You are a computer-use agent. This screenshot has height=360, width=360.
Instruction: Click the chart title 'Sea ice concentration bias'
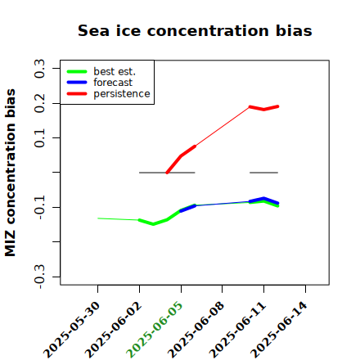point(195,30)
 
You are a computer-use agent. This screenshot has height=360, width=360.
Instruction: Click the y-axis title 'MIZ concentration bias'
point(11,173)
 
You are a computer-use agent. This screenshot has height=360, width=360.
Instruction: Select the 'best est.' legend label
point(115,71)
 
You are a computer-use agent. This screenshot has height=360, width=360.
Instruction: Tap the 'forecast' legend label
point(113,83)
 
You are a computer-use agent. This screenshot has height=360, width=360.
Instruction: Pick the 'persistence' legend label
point(122,94)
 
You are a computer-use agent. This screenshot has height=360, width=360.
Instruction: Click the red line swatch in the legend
point(77,94)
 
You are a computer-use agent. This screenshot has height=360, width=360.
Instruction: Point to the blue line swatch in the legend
point(77,83)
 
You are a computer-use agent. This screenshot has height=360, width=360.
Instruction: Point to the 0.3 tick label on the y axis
point(39,68)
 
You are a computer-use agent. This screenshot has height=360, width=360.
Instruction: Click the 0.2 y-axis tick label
point(39,103)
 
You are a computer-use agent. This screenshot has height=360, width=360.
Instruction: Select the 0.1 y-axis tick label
point(39,138)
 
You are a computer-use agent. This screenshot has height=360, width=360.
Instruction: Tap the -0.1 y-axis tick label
point(39,207)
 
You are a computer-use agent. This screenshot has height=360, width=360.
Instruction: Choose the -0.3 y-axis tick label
point(39,277)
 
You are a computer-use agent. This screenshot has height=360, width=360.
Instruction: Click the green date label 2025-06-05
point(155,330)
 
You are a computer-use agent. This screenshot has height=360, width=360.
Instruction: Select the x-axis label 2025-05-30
point(71,330)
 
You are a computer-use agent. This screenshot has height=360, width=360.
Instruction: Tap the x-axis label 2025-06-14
point(279,330)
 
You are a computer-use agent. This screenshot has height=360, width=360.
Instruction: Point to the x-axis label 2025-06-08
point(196,330)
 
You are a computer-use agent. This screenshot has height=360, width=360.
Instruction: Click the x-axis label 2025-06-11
point(237,330)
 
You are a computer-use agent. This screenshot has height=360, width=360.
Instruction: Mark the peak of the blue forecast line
point(263,198)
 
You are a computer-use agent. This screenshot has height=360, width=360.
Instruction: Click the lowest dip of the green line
point(153,224)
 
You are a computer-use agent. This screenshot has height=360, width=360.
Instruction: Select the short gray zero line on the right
point(263,173)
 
